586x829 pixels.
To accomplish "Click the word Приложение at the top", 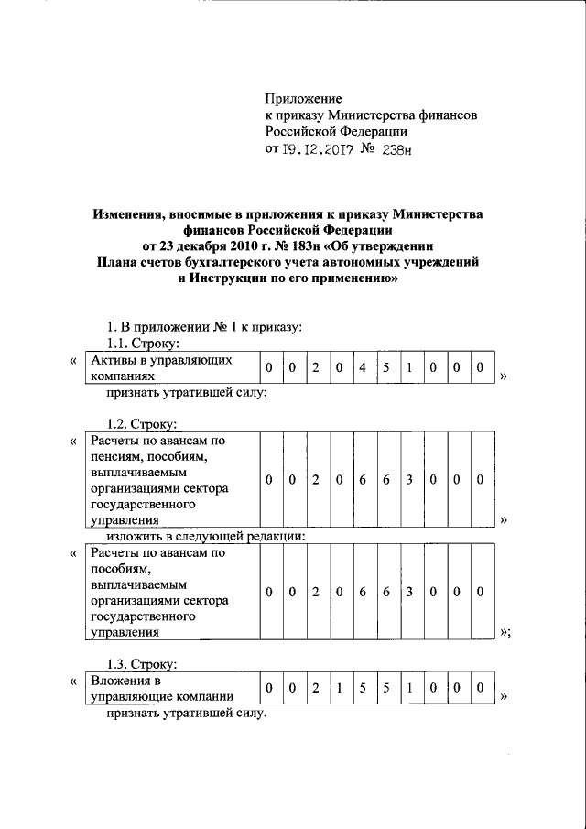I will [x=302, y=98].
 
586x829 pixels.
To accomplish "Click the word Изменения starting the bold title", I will [x=128, y=213].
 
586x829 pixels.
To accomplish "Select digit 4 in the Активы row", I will [x=363, y=368].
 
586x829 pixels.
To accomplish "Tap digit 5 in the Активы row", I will [x=386, y=368].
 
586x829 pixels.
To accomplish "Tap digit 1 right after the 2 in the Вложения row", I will [x=339, y=688].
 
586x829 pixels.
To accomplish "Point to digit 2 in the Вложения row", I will [x=315, y=688].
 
